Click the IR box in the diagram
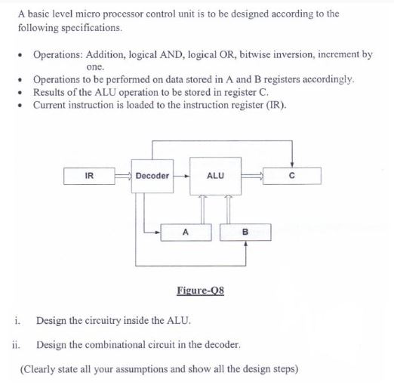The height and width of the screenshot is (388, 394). [89, 176]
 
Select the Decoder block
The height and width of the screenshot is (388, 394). [152, 176]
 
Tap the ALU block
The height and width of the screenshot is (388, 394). [214, 176]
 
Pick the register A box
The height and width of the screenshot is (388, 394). [184, 232]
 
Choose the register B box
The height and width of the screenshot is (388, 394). [245, 232]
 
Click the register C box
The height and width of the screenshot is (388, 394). [291, 176]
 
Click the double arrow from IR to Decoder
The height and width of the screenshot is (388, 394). [122, 176]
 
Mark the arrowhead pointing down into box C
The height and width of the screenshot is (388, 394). [291, 165]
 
